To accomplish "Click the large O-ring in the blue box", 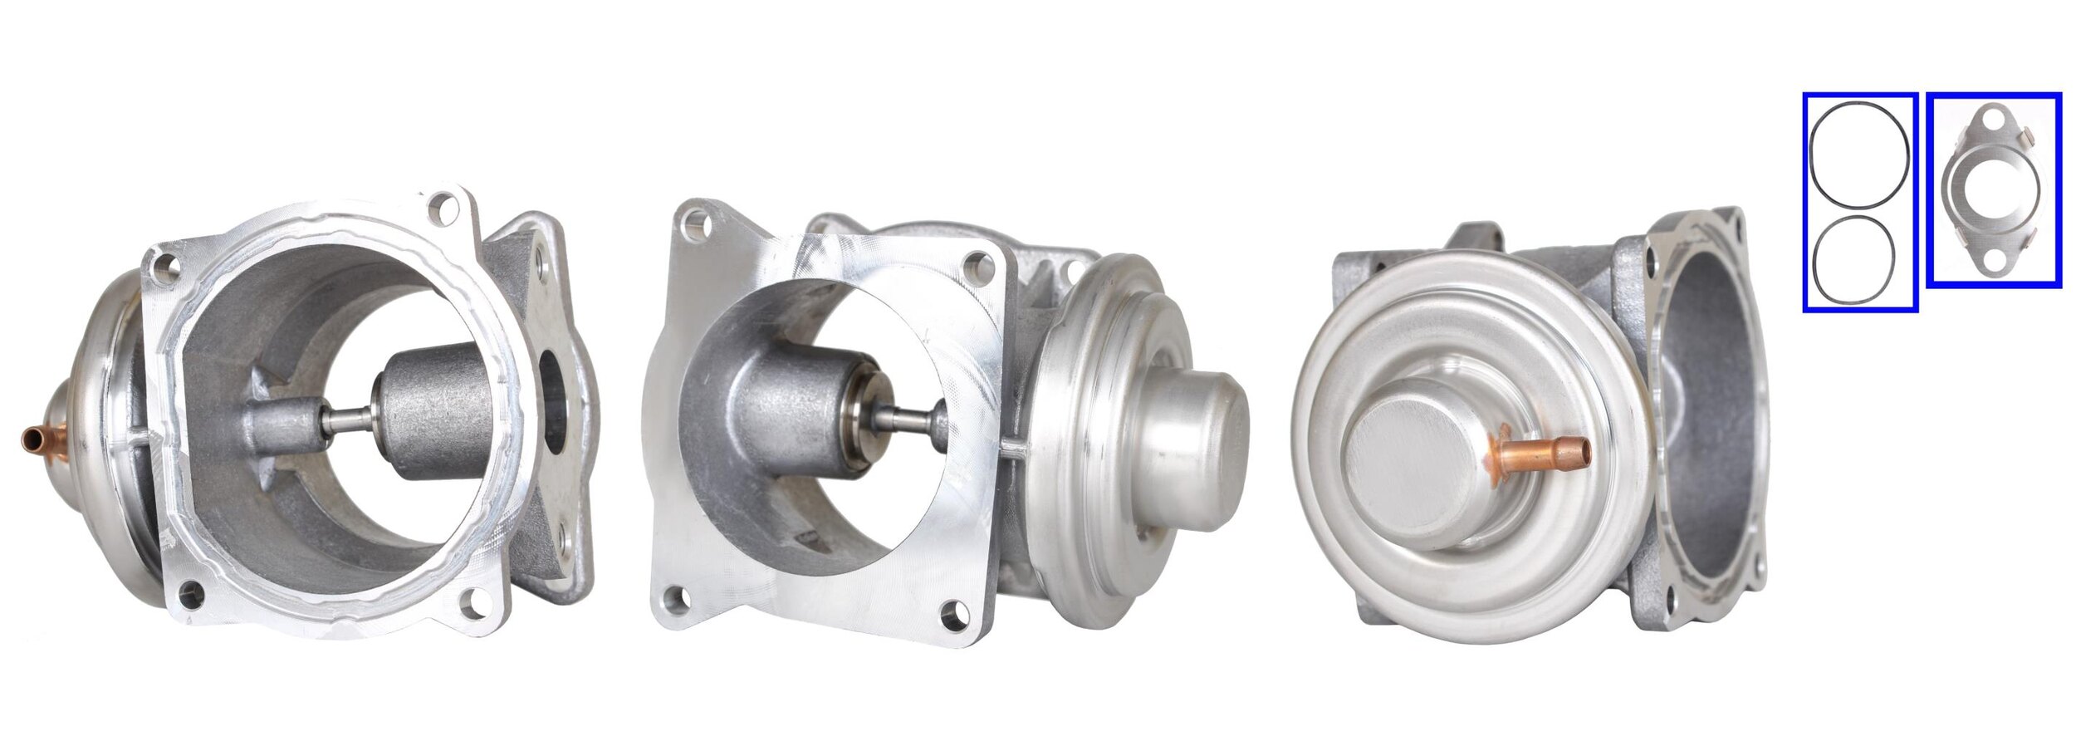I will click(1858, 166).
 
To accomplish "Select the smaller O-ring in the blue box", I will click(1855, 258).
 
